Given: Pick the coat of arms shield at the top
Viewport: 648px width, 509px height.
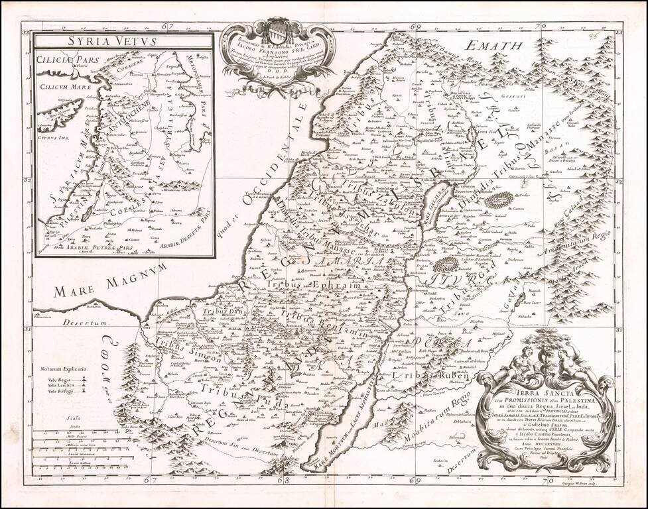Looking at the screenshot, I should pos(276,31).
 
